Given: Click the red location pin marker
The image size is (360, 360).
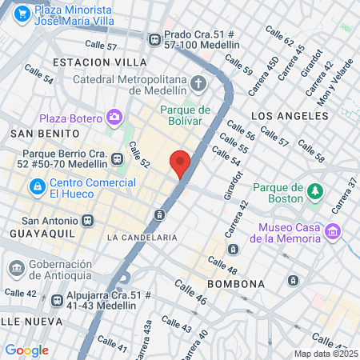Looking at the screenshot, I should click(180, 163).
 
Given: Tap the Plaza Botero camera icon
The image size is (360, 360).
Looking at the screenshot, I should click(114, 118).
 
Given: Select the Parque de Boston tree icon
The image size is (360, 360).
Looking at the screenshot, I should click(315, 191).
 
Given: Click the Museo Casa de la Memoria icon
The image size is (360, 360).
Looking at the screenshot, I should click(334, 232).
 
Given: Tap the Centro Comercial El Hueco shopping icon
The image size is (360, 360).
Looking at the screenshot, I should click(36, 186).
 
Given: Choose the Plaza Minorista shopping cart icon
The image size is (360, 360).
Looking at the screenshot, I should click(22, 14).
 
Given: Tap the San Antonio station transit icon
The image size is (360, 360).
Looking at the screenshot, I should click(87, 221).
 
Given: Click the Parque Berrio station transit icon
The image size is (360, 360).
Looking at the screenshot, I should click(118, 158).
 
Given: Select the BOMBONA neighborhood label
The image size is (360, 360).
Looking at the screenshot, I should click(236, 284).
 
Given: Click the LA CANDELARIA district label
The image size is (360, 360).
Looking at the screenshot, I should click(142, 238).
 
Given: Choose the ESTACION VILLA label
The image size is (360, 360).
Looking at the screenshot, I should click(99, 62).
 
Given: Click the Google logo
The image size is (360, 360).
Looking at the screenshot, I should click(26, 350).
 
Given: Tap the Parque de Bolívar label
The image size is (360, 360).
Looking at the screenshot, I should click(185, 115).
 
